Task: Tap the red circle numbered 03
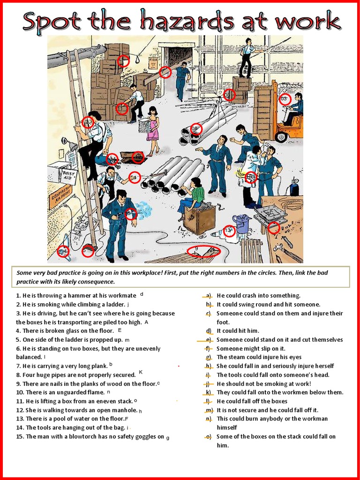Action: pos(284,99)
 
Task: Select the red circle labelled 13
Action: pos(229,231)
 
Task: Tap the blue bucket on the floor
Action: pos(241,223)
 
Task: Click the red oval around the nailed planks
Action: pos(203,251)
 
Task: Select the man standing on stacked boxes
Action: pos(246,59)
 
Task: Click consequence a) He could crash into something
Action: pos(258,295)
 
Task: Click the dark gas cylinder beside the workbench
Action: pos(294,187)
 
